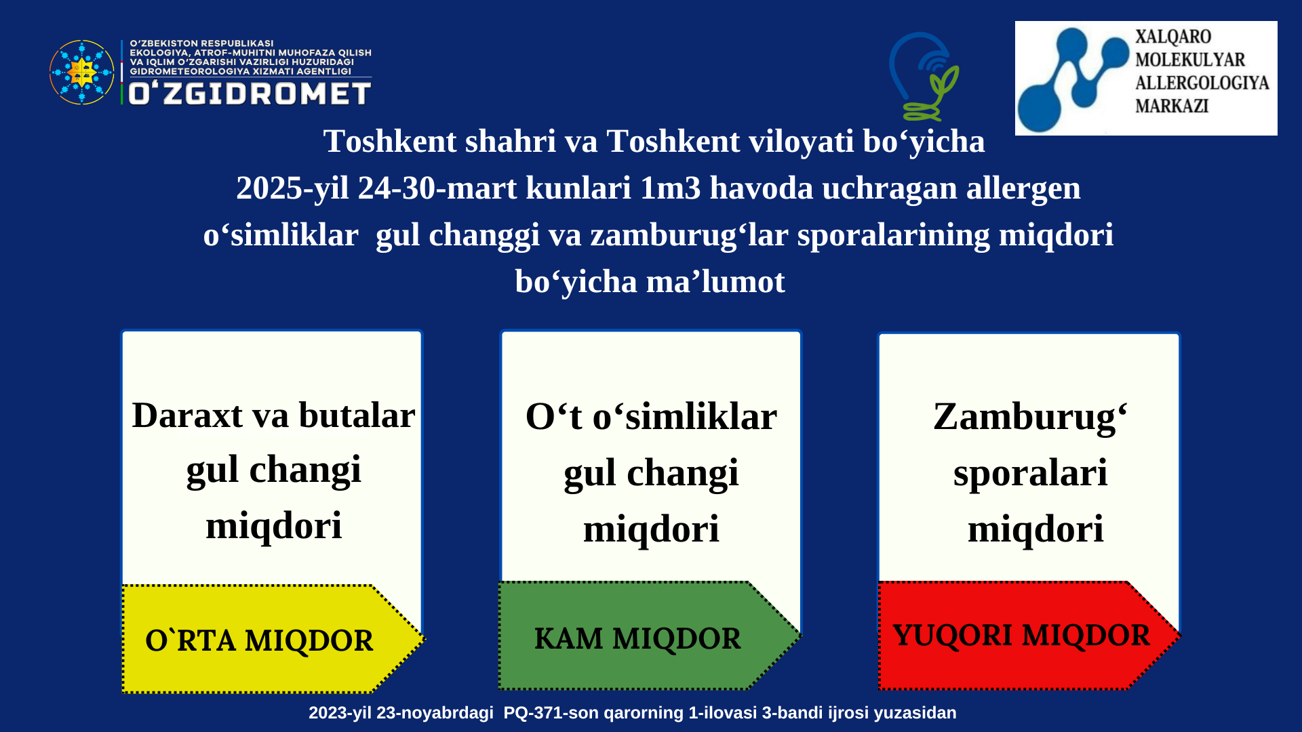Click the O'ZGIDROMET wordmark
[250, 94]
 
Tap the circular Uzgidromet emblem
[82, 72]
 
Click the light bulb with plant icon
[924, 77]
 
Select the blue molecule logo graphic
[1073, 79]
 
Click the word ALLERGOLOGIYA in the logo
[1202, 83]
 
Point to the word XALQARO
[1173, 37]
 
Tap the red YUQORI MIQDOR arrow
[1029, 636]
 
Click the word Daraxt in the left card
[187, 415]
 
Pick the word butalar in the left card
[357, 415]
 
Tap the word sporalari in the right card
[1030, 474]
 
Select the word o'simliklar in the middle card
[685, 417]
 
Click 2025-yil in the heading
[292, 188]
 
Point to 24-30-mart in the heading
[437, 188]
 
